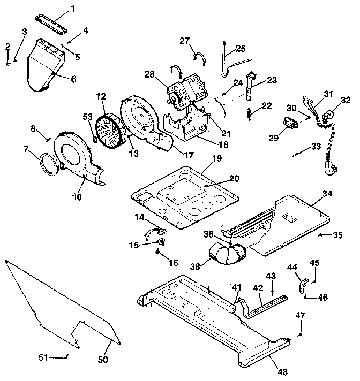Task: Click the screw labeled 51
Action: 65,355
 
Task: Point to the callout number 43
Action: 271,276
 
